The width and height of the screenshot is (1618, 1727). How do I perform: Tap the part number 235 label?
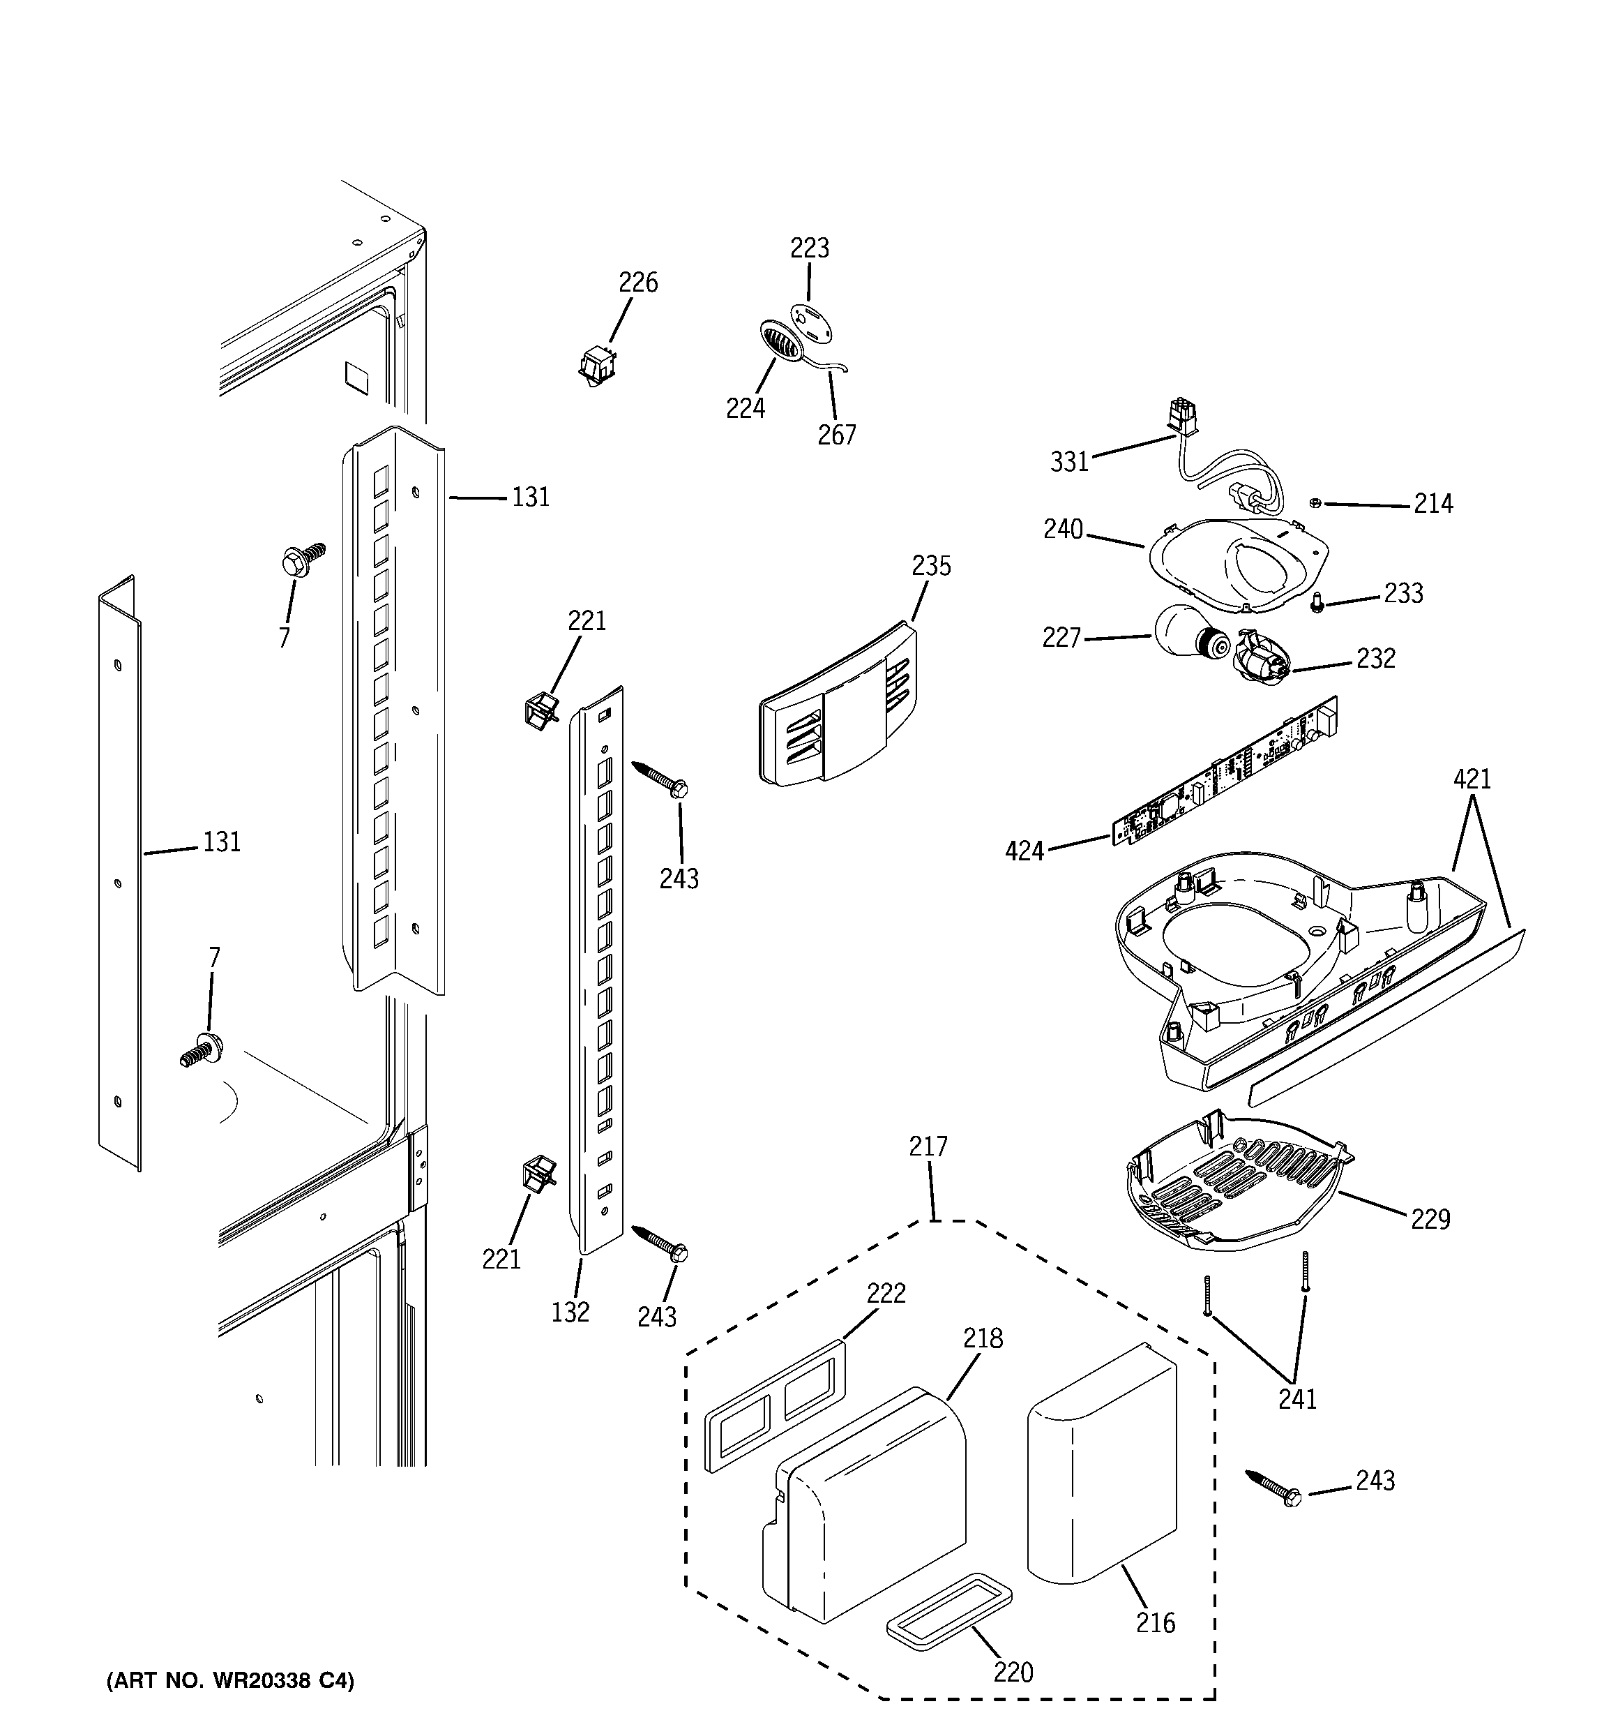pyautogui.click(x=931, y=567)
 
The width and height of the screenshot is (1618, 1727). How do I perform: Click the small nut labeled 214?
pyautogui.click(x=1315, y=503)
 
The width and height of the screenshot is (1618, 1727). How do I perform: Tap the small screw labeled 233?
pyautogui.click(x=1317, y=601)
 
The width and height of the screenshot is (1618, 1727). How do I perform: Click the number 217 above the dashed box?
pyautogui.click(x=928, y=1146)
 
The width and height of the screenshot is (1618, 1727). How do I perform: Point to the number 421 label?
pyautogui.click(x=1472, y=779)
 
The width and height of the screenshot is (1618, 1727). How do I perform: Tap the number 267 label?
pyautogui.click(x=836, y=434)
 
